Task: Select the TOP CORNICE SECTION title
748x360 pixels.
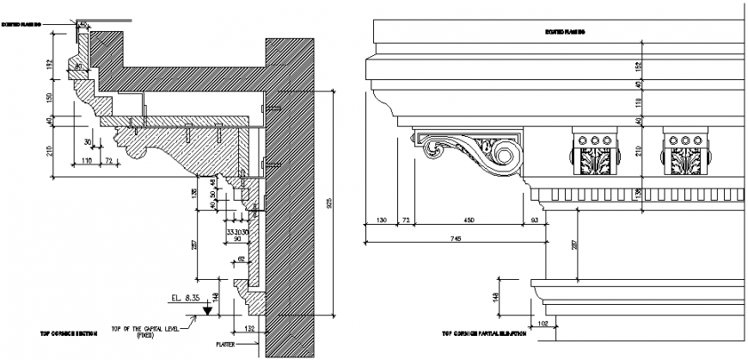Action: (x=67, y=332)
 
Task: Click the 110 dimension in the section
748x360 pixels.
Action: (x=88, y=161)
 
